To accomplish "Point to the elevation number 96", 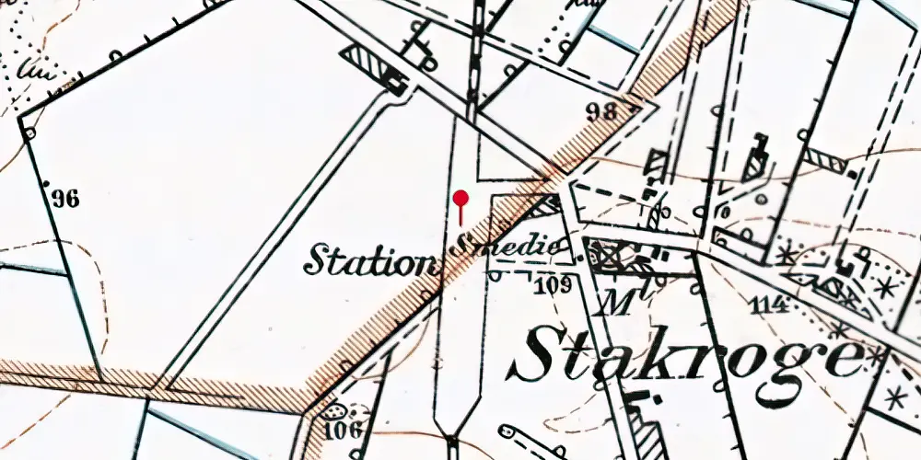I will (65, 198).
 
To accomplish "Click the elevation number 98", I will (600, 112).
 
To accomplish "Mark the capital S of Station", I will (318, 259).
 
